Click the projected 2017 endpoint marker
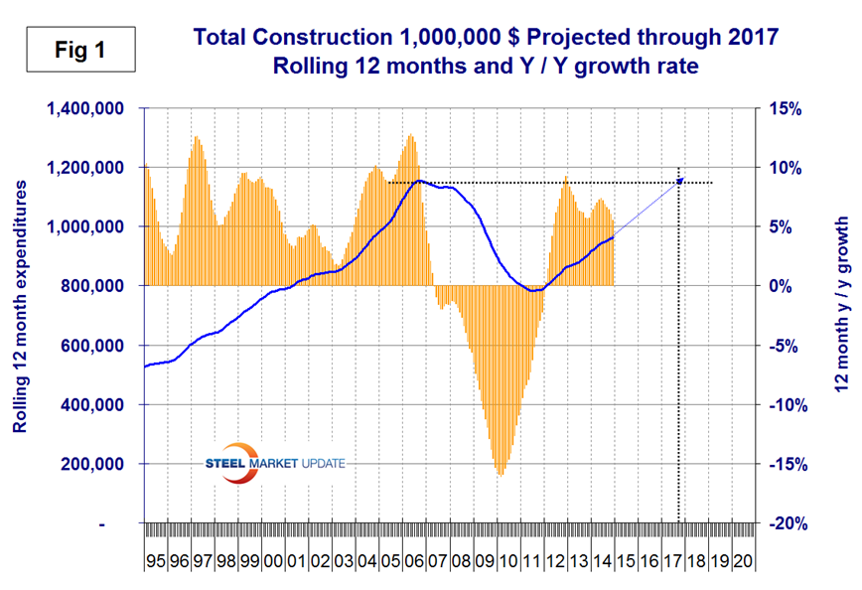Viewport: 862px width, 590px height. point(680,180)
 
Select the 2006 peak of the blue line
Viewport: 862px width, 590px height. point(420,181)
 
